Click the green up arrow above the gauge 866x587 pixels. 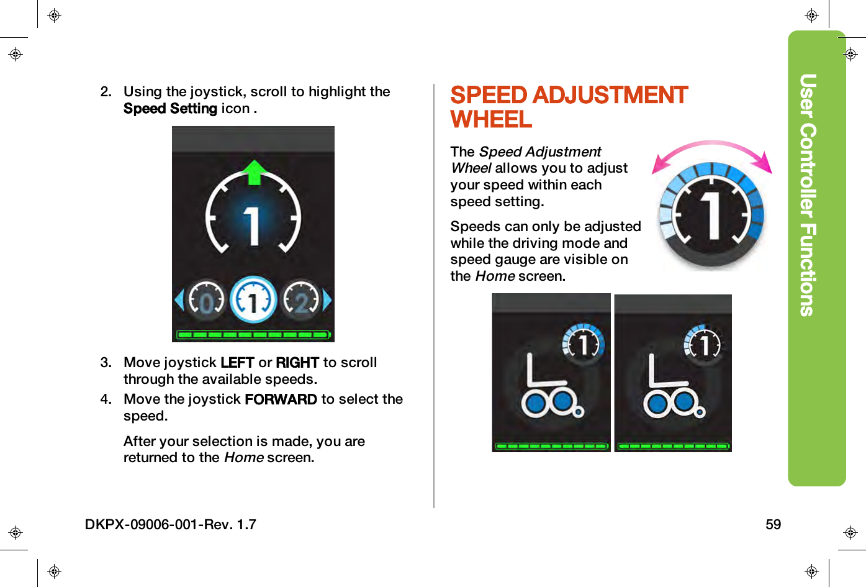(x=253, y=172)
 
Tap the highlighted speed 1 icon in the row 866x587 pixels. (x=253, y=300)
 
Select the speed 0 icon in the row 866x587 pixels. (x=207, y=300)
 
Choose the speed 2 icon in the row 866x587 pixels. (x=301, y=300)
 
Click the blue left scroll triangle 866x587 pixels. (x=179, y=300)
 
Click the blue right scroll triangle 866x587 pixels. (x=327, y=300)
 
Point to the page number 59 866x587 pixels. (x=773, y=525)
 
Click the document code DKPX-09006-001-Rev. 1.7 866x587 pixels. (x=171, y=525)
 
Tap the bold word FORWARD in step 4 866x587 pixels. (x=281, y=399)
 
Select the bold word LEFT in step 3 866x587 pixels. (x=237, y=363)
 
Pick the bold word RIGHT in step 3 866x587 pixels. (x=297, y=363)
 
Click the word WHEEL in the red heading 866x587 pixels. (x=491, y=119)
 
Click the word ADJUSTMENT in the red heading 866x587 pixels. (x=610, y=95)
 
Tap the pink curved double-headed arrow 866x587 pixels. (x=711, y=151)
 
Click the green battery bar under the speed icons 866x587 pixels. (x=253, y=334)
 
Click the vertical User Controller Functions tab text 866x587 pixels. (x=808, y=195)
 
